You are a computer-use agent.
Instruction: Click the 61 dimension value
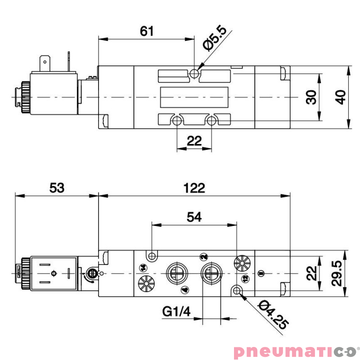click(147, 31)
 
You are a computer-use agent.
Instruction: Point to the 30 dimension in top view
click(311, 97)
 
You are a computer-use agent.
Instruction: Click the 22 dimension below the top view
click(194, 140)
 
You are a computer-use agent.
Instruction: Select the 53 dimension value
click(57, 188)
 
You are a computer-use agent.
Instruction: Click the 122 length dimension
click(194, 188)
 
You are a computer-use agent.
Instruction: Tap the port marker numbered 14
click(143, 268)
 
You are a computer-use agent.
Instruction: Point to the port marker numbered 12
click(245, 279)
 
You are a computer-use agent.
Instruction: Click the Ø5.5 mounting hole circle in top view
click(194, 73)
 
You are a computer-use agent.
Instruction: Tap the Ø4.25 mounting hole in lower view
click(237, 289)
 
